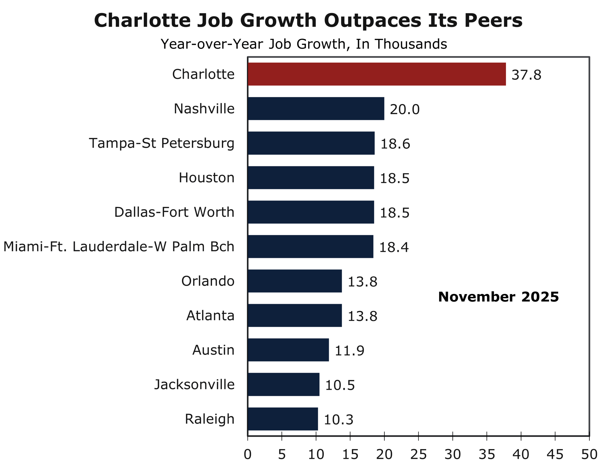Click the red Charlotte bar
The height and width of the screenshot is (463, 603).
(376, 74)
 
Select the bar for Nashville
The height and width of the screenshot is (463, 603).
(316, 109)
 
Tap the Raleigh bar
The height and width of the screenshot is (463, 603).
(283, 419)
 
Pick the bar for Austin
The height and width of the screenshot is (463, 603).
(288, 350)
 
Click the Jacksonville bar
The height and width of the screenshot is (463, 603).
(284, 384)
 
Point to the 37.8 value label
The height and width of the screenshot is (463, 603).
(526, 75)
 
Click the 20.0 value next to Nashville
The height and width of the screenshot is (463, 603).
(405, 110)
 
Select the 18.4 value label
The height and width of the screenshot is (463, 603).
(394, 247)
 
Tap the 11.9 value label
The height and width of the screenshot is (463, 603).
(350, 351)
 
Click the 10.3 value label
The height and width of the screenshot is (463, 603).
(338, 420)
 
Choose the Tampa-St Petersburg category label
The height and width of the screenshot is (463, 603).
(162, 143)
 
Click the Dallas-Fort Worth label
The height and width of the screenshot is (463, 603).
(174, 212)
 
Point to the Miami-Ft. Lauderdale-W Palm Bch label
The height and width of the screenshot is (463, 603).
(119, 247)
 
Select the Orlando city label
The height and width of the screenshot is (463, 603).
(208, 281)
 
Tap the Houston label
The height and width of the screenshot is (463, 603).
(206, 178)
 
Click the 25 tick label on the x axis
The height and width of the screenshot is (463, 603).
(418, 454)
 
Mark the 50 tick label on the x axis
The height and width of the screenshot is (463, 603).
(589, 454)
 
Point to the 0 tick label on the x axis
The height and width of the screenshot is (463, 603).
(248, 454)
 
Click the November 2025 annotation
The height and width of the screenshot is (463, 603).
(498, 297)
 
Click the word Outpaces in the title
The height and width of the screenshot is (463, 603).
(372, 20)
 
